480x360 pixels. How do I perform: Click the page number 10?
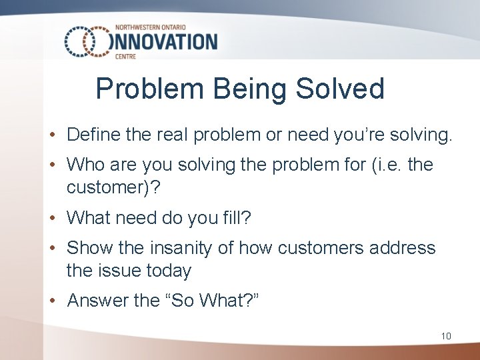click(446, 335)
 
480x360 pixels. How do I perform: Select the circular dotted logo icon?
click(87, 42)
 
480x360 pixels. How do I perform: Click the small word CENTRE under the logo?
click(125, 57)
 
